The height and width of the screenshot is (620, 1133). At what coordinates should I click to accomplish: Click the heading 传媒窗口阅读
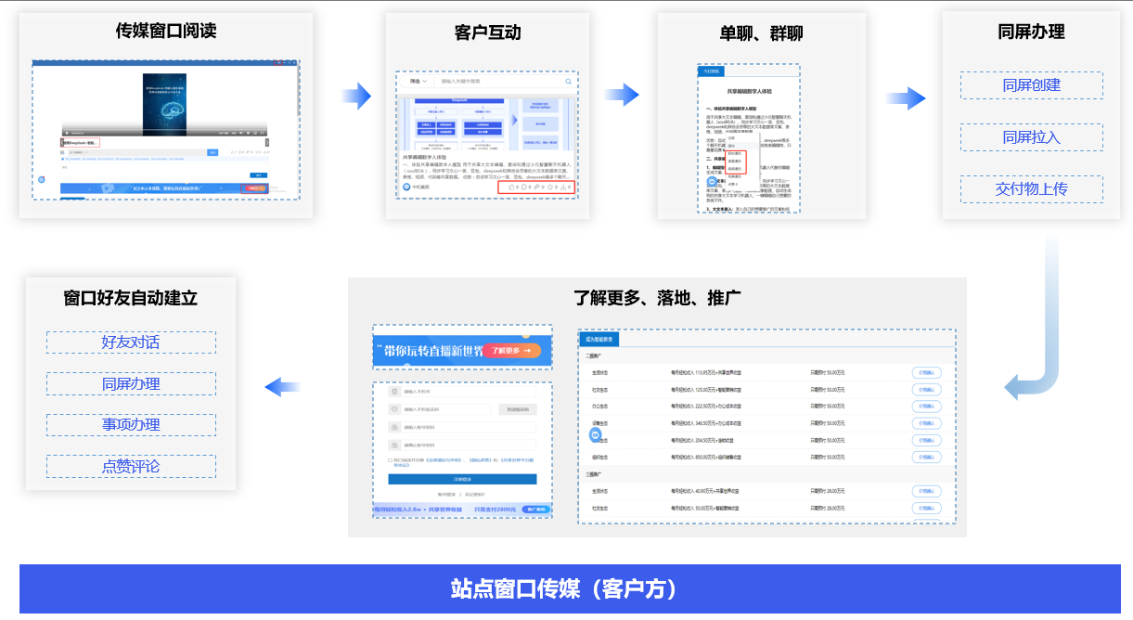tap(166, 31)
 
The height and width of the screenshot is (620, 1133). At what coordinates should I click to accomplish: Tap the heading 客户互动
tap(487, 32)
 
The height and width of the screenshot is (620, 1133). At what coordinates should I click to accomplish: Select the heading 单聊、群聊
tap(761, 33)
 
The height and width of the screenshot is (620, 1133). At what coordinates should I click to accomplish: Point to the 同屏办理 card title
tap(1031, 32)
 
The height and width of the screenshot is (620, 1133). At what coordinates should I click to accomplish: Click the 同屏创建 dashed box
tap(1031, 85)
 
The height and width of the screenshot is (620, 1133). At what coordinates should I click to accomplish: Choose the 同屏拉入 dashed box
tap(1031, 137)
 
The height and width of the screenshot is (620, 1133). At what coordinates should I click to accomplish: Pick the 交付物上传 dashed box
tap(1031, 189)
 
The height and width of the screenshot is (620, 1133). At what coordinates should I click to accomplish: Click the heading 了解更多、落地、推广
tap(657, 298)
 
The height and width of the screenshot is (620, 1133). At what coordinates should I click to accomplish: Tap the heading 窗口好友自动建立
tap(131, 298)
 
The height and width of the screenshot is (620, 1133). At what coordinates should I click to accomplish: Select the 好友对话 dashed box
tap(131, 342)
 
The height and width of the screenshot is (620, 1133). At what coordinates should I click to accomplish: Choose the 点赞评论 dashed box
tap(131, 466)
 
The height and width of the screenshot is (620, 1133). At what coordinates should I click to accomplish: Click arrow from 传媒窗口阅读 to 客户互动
tap(356, 95)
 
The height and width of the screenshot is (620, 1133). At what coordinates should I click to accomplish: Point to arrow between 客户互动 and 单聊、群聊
tap(622, 95)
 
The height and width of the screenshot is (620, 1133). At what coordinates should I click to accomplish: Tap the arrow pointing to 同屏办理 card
tap(906, 98)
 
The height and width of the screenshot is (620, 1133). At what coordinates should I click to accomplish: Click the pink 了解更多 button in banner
tap(511, 351)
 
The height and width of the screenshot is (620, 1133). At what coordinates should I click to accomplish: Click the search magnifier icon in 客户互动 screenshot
tap(569, 82)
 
